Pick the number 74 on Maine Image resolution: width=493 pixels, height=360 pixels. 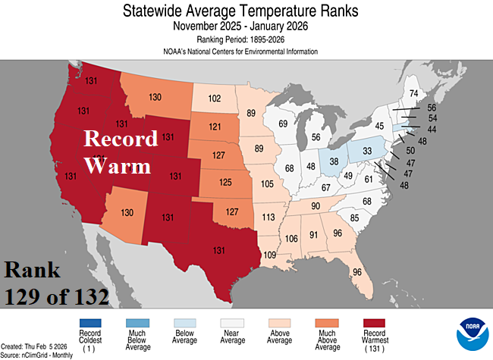coord(413,94)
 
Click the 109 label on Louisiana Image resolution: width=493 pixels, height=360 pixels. coord(268,254)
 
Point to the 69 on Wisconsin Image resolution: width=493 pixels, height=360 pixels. coord(282,124)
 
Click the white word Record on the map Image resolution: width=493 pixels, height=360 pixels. coord(120,139)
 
